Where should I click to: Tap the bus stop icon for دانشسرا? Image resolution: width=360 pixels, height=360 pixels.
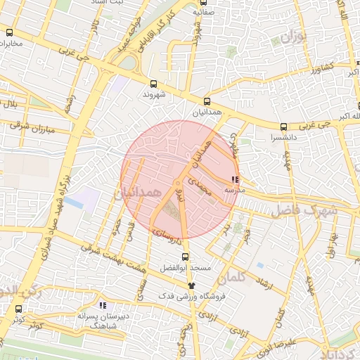tap(283, 127)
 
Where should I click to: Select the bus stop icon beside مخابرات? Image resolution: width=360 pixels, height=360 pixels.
tap(10, 32)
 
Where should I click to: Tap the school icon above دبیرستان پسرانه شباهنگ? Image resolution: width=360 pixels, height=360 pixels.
tap(103, 306)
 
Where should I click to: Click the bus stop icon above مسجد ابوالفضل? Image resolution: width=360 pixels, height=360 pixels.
tap(185, 257)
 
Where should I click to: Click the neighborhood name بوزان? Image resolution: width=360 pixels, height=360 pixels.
tap(295, 34)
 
